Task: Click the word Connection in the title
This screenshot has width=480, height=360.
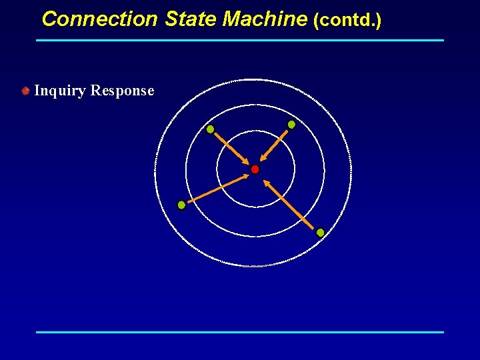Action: click(99, 19)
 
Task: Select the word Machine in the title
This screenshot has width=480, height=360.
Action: click(265, 19)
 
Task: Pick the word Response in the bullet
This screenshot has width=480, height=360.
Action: click(122, 91)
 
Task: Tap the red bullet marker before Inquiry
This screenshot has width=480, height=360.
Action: click(25, 90)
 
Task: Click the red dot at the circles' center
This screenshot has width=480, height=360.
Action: click(255, 169)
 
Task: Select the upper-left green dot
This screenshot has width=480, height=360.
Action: click(210, 129)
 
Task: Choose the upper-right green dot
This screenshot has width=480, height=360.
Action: click(291, 125)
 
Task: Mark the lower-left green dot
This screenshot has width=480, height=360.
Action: click(181, 205)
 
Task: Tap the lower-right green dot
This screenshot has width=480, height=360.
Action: click(320, 232)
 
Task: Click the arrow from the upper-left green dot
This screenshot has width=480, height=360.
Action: click(230, 147)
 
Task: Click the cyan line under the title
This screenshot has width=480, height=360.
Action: click(240, 40)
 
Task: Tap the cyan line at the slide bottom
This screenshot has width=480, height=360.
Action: click(240, 331)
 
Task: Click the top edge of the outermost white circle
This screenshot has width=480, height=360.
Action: click(253, 79)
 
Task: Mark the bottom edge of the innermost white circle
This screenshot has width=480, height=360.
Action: click(255, 207)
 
